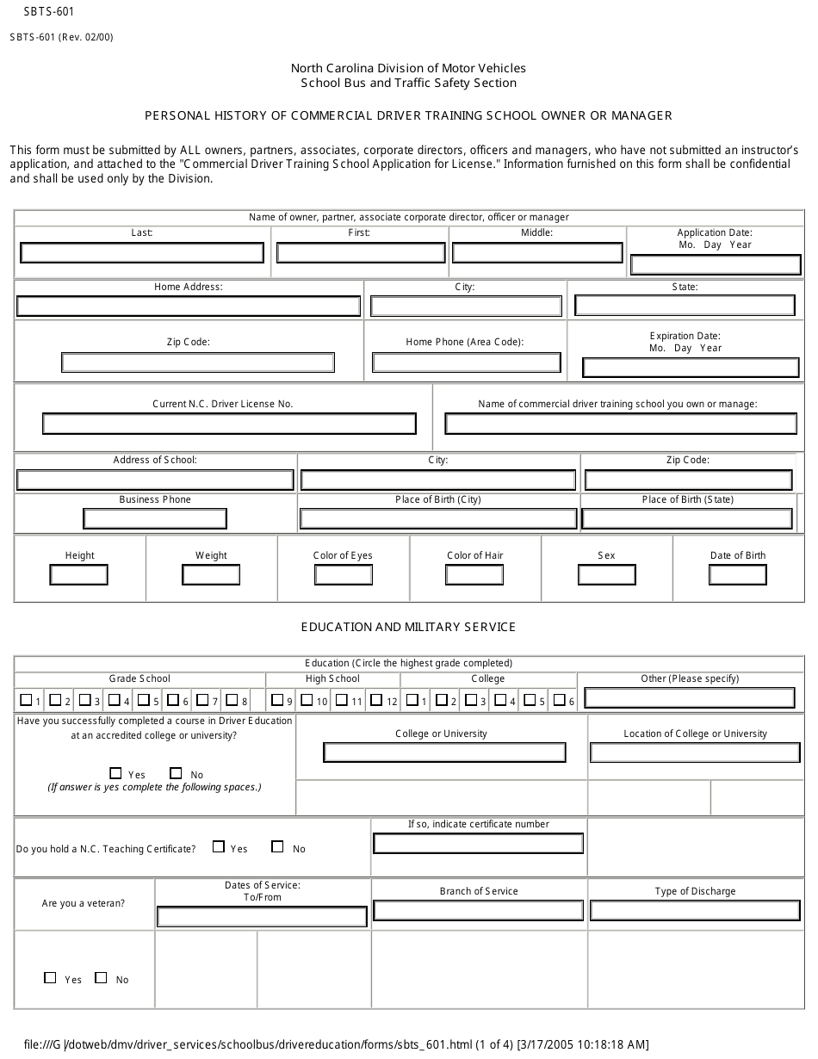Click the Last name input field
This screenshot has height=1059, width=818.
click(142, 252)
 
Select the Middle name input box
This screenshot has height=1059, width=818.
click(537, 252)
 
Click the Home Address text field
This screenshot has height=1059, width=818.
click(189, 307)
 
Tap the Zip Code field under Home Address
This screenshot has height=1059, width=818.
click(198, 362)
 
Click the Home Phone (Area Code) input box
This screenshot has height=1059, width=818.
click(467, 362)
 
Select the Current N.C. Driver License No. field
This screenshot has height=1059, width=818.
click(229, 424)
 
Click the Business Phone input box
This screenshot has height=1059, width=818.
click(155, 518)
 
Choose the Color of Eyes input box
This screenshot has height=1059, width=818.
click(343, 574)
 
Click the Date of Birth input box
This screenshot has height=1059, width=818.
click(737, 574)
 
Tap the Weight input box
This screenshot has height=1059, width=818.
click(211, 574)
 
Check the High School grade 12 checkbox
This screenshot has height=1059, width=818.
click(376, 700)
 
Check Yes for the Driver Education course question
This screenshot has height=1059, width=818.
click(116, 773)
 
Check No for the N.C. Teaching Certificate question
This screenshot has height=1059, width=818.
click(277, 847)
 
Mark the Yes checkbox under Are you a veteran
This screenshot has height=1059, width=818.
click(50, 978)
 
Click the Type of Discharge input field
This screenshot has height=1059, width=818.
click(694, 910)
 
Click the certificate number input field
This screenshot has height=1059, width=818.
click(478, 844)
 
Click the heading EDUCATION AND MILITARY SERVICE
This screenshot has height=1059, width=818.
click(408, 627)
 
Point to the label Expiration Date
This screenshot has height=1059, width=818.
click(685, 336)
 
